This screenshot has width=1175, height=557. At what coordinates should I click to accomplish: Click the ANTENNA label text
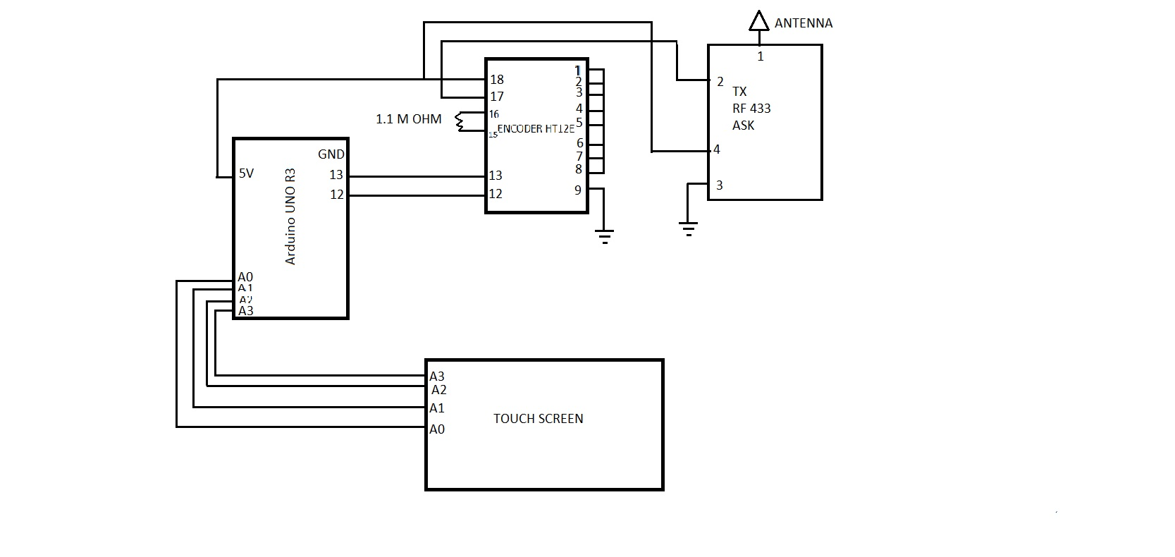coord(803,23)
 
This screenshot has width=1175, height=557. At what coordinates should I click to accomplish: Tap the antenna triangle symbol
coord(758,21)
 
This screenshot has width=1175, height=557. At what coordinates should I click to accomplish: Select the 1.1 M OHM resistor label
coord(409,119)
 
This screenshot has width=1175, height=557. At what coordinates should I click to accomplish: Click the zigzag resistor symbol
coord(462,122)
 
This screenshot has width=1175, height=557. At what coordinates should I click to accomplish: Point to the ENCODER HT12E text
coord(536,129)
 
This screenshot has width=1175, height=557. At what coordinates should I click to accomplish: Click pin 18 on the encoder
coord(497,80)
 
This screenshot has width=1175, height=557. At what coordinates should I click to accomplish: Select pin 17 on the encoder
coord(497,97)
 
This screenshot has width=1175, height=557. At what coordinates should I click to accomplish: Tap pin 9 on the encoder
coord(578,190)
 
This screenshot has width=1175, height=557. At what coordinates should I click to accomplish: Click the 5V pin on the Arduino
coord(246,173)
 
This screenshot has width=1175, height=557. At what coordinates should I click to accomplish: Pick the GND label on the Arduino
coord(331,154)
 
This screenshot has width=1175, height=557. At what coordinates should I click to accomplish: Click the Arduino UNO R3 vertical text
coord(290,216)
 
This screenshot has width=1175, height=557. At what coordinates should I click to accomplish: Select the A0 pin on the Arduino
coord(245,277)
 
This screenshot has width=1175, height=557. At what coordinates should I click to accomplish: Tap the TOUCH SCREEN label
coord(538,419)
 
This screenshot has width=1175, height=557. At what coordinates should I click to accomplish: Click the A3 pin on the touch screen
coord(437,377)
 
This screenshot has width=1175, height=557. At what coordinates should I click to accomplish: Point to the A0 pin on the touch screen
coord(437,429)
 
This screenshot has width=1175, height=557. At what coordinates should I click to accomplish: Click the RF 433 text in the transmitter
coord(751,109)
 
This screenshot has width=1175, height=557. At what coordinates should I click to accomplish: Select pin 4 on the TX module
coord(717,149)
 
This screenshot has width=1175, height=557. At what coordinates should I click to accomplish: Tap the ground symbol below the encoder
coord(604,235)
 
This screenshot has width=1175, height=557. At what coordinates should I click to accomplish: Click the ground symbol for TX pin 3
coord(688,228)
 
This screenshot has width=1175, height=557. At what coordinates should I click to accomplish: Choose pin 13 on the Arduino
coord(336,175)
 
